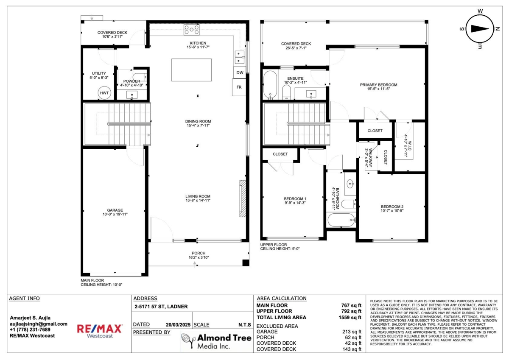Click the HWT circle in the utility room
point(104,93)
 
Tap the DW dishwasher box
point(240,73)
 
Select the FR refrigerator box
point(239,87)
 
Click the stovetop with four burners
point(192,30)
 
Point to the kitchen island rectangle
point(191,70)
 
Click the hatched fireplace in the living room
point(243,198)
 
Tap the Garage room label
point(115,210)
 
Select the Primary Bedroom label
point(378,85)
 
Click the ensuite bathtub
point(270,84)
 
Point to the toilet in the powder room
point(140,77)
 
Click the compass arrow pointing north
point(480,29)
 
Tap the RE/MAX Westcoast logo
point(100,331)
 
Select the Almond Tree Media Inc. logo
point(216,341)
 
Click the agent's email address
point(39,324)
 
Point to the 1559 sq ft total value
point(350,318)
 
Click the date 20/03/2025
point(178,325)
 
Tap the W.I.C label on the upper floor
point(409,145)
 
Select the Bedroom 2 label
point(392,207)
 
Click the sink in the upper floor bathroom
point(350,184)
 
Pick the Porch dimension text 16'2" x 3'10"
point(199,257)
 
